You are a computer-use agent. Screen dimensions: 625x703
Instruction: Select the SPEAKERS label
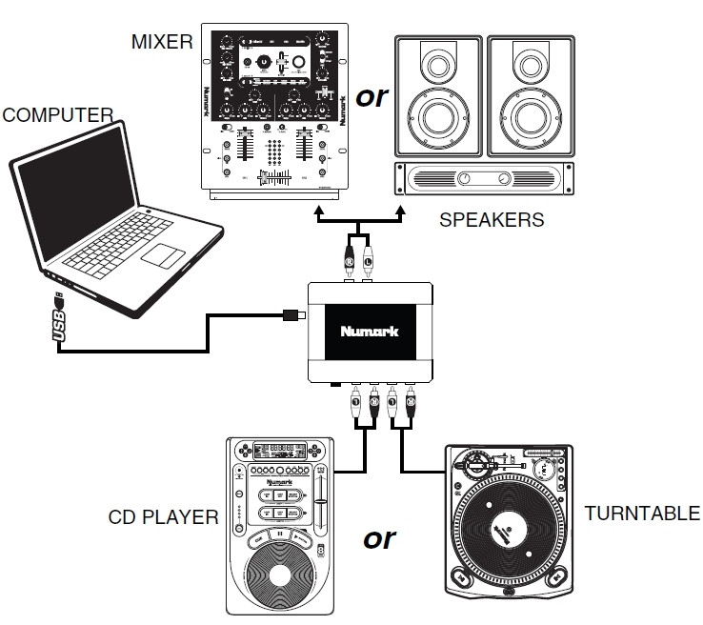point(492,220)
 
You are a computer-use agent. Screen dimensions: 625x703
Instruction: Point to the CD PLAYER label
point(164,518)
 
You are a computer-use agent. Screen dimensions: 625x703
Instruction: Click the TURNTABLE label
point(642,514)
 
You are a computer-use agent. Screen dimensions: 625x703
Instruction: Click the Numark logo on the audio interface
point(370,333)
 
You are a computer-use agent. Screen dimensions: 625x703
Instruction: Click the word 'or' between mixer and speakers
point(372,96)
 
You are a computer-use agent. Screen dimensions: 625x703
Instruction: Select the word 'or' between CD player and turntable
point(379,538)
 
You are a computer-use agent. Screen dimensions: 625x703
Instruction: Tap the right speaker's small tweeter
point(529,67)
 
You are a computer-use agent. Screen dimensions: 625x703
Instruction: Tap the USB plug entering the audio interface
point(294,315)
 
